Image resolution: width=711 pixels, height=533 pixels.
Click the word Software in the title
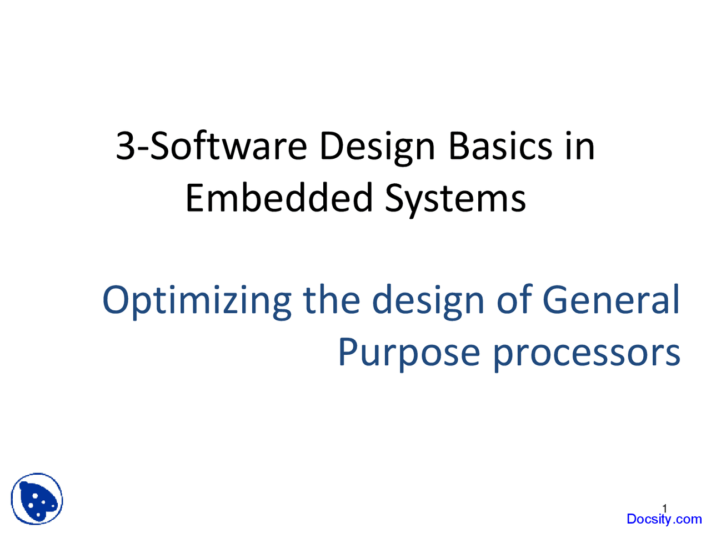(x=228, y=146)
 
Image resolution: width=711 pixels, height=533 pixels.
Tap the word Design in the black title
(x=377, y=149)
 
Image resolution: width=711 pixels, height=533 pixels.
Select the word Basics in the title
(x=500, y=146)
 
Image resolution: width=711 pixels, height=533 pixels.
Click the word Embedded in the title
(x=279, y=198)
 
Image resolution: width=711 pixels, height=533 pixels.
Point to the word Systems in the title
(x=455, y=200)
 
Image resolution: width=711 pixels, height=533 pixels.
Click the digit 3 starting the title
(x=126, y=146)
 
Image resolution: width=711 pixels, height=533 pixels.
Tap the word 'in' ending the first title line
(x=580, y=146)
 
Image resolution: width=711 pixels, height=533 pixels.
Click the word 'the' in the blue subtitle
(x=332, y=299)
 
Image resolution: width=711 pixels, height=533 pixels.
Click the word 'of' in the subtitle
(x=514, y=299)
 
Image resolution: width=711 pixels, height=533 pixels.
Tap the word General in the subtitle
(x=611, y=299)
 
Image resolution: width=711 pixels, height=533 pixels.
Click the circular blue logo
(x=37, y=499)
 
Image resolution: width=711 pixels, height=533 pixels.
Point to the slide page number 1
(x=664, y=509)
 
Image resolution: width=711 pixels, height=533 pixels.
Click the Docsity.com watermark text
(x=664, y=520)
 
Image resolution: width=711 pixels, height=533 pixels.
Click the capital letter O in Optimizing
(x=116, y=300)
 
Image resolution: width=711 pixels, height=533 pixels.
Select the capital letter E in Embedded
(x=195, y=198)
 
